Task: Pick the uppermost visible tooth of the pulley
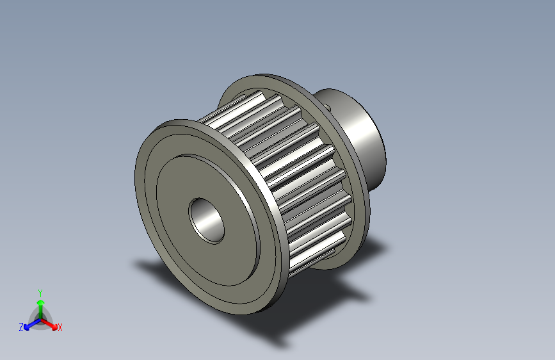coord(253,102)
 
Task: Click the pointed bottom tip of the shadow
coord(282,346)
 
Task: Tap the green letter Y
coord(40,291)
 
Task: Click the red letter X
coord(60,328)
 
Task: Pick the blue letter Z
coord(21,327)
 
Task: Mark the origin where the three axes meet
coord(40,318)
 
